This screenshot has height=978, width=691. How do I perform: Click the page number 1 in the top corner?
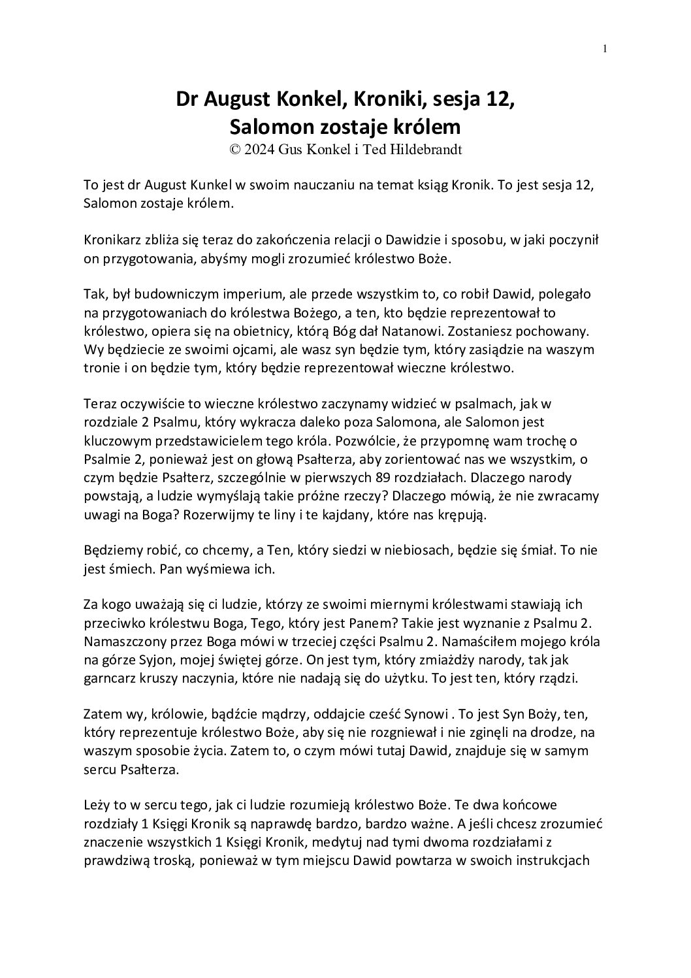[605, 48]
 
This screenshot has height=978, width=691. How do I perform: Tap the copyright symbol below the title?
[234, 149]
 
